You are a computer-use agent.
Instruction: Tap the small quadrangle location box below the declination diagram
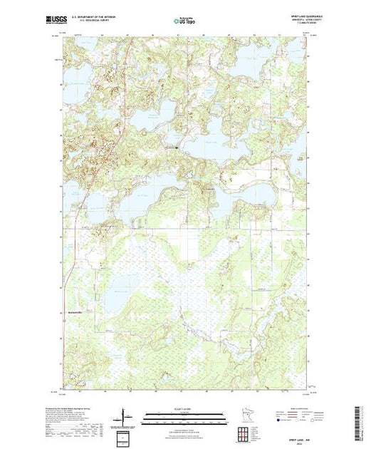click(x=126, y=435)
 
